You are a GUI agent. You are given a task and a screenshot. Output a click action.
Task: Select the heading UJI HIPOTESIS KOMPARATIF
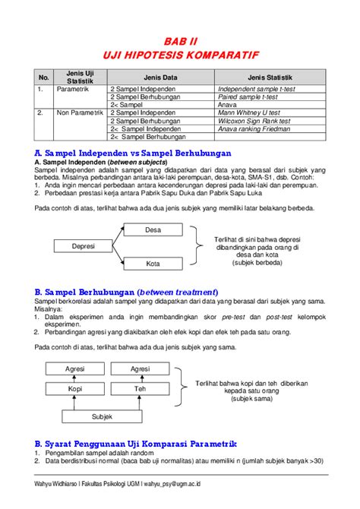180,55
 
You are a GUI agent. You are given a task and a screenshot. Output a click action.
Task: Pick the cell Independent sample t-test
257,89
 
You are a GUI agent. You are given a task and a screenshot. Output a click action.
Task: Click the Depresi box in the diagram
83,246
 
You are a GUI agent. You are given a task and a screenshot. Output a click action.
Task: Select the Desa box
153,229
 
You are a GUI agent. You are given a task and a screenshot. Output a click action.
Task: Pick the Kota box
153,264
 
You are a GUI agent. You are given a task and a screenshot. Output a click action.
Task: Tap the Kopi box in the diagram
75,388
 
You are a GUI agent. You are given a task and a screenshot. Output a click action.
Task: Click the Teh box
140,388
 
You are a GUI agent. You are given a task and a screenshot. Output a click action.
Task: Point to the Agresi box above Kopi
75,369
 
